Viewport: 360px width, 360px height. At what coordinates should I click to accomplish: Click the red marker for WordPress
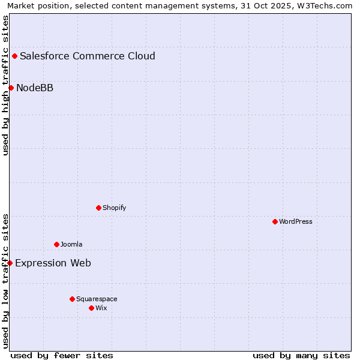275,221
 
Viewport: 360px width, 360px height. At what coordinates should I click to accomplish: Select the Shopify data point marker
98,208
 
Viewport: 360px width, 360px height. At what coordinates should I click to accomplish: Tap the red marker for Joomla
56,244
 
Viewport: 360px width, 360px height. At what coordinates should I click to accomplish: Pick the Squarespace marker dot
72,299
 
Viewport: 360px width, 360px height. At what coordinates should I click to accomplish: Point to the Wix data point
91,308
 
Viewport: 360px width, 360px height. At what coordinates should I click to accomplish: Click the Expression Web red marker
10,263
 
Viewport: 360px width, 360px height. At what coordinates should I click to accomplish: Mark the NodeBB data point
11,88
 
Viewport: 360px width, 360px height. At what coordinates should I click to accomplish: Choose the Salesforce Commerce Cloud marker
14,56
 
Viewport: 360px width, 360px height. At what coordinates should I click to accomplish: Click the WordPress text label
296,221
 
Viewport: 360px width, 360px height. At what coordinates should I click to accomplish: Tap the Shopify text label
115,208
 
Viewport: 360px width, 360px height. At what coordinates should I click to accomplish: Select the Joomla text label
71,244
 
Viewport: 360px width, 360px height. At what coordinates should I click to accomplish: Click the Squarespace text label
97,299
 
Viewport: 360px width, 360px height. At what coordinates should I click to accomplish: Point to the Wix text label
101,308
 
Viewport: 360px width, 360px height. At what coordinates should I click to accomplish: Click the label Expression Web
53,263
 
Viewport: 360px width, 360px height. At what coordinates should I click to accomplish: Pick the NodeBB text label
35,88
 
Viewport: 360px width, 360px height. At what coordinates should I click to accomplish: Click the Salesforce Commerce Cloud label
88,56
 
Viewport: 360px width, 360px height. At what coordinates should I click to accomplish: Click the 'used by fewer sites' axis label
62,355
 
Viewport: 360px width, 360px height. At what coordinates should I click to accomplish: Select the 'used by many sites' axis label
301,355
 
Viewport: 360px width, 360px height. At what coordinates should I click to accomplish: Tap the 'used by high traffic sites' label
5,85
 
